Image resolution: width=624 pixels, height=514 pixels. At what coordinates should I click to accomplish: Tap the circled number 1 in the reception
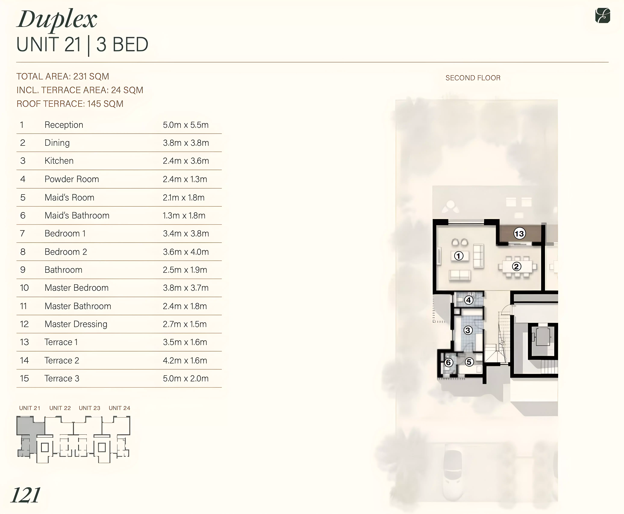(x=459, y=256)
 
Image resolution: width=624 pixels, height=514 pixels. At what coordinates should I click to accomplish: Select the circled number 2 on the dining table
(x=517, y=267)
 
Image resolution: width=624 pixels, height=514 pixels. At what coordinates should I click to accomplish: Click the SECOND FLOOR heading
(x=473, y=78)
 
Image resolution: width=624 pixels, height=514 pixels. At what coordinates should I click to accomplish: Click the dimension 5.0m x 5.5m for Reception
(x=185, y=125)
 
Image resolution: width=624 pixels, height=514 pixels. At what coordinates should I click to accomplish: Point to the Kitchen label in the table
(x=59, y=161)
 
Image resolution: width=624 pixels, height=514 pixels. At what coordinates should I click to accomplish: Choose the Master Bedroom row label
(x=76, y=288)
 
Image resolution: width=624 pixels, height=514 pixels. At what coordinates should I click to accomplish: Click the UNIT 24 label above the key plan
(x=119, y=408)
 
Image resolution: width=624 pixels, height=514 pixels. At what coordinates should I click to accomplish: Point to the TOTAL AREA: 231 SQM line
(x=63, y=76)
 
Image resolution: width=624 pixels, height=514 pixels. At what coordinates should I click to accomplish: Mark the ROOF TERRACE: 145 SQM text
(x=70, y=104)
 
